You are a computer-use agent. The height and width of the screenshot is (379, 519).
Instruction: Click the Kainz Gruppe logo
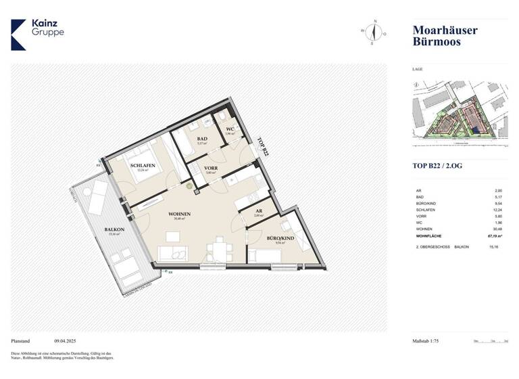pyautogui.click(x=38, y=34)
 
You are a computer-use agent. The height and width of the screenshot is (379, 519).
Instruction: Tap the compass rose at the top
pyautogui.click(x=373, y=32)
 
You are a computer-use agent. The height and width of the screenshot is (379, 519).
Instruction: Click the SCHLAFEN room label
pyautogui.click(x=143, y=166)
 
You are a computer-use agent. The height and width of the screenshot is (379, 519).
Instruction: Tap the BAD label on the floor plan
pyautogui.click(x=201, y=139)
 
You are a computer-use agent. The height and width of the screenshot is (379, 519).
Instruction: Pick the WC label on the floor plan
pyautogui.click(x=230, y=129)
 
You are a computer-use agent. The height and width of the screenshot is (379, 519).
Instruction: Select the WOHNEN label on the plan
pyautogui.click(x=180, y=215)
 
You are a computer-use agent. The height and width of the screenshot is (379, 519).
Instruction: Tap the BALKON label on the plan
pyautogui.click(x=114, y=230)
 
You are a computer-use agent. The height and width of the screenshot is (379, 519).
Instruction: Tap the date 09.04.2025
pyautogui.click(x=67, y=342)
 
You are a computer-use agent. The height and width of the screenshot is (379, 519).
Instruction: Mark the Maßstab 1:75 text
pyautogui.click(x=429, y=342)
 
